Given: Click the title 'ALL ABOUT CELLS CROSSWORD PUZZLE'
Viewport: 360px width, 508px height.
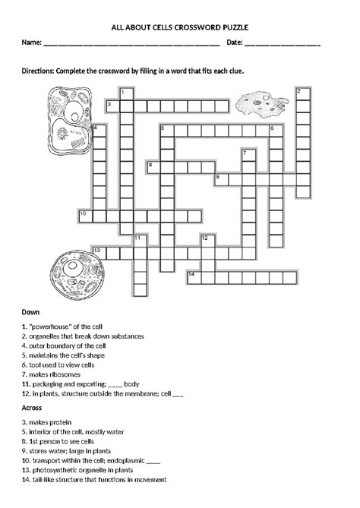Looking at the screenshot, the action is [x=180, y=26].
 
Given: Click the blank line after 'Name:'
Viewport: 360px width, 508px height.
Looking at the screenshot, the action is [x=132, y=45].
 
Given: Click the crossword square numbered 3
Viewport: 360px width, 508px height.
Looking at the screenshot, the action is [x=111, y=106].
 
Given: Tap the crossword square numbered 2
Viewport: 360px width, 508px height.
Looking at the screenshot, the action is [x=302, y=94].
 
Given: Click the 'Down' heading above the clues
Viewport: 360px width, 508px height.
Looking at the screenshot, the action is [x=31, y=311].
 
